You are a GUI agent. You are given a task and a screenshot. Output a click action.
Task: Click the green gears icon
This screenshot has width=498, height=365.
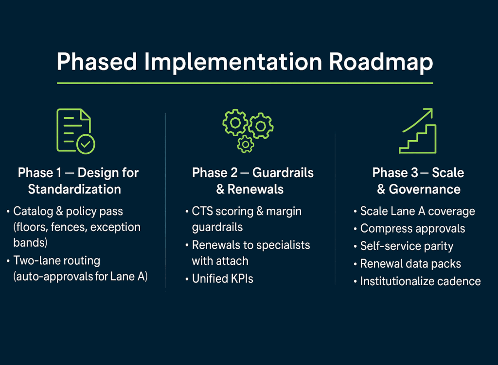coord(248,130)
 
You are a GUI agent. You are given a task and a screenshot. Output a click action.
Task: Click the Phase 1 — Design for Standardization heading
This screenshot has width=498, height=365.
coord(78,181)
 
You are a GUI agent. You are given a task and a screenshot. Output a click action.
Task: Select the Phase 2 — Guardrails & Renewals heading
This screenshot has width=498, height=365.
coord(252,181)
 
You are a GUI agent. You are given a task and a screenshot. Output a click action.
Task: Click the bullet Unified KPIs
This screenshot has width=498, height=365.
coord(222,279)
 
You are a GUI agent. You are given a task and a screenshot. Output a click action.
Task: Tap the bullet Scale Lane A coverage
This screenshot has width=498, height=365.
coord(417,211)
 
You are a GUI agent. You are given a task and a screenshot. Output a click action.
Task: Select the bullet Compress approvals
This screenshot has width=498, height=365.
coord(412,229)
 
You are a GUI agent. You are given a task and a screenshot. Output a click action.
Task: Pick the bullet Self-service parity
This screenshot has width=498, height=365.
coord(407,246)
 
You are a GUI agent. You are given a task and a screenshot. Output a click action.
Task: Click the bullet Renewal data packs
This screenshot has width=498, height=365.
coord(410,264)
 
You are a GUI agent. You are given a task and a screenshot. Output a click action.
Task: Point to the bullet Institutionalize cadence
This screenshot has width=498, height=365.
coord(420,281)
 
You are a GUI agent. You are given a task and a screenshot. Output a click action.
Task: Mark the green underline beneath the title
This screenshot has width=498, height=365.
coord(245,83)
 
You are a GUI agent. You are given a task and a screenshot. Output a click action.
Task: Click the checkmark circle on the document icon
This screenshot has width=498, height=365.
coord(86,145)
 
